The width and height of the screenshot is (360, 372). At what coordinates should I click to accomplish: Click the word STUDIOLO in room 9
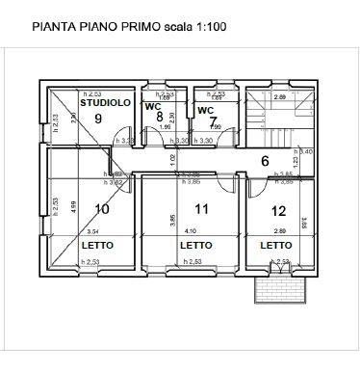pyautogui.click(x=105, y=101)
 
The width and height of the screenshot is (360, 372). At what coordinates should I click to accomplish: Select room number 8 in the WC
pyautogui.click(x=160, y=117)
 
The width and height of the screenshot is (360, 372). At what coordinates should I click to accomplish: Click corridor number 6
pyautogui.click(x=265, y=161)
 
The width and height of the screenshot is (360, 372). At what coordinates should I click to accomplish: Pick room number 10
pyautogui.click(x=102, y=208)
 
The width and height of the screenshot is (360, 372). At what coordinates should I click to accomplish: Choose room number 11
pyautogui.click(x=201, y=208)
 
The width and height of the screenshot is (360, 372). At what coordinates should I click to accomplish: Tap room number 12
pyautogui.click(x=278, y=210)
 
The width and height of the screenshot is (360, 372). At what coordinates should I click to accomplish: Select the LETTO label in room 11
pyautogui.click(x=195, y=246)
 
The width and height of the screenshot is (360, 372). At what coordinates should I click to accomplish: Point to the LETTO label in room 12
pyautogui.click(x=276, y=246)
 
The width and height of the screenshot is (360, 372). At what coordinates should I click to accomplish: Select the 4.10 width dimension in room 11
pyautogui.click(x=190, y=231)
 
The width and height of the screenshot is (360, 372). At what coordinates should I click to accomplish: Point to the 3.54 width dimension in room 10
pyautogui.click(x=92, y=231)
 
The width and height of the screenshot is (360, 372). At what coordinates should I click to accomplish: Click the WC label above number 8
pyautogui.click(x=152, y=107)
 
